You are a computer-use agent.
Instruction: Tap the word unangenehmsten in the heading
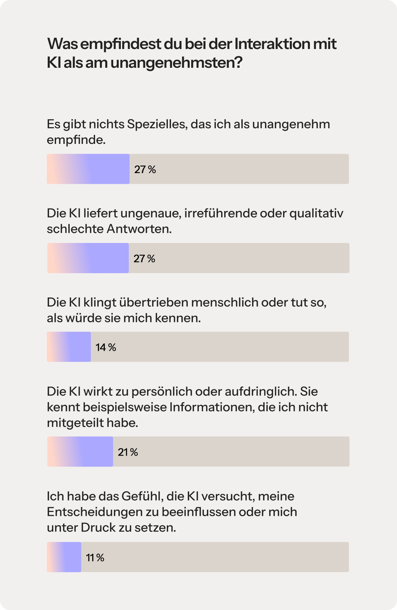(176, 63)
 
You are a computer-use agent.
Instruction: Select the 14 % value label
(106, 347)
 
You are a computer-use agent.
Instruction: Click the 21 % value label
(128, 452)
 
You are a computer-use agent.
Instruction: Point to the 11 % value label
(95, 558)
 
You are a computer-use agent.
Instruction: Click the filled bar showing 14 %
(69, 347)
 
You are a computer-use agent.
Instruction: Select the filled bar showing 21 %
(80, 452)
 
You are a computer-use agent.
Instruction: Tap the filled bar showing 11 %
(64, 557)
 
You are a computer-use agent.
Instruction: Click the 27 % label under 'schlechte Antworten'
(144, 258)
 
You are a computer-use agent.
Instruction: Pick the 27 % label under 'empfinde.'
(145, 169)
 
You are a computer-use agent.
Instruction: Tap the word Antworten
(139, 229)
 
